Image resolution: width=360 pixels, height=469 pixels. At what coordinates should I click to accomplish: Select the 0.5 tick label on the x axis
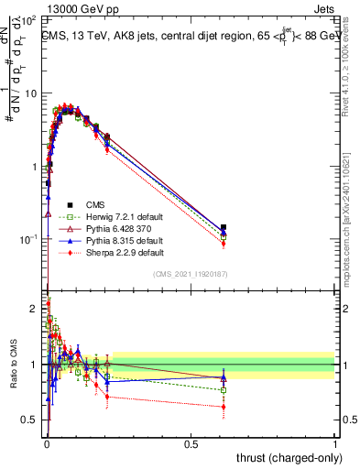(x=191, y=443)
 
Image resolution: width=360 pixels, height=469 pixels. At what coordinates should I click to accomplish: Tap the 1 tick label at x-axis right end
(x=335, y=443)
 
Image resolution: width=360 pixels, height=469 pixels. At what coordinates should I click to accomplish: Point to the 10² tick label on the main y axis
(x=27, y=19)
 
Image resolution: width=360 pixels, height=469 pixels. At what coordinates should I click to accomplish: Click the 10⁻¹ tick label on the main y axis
(x=27, y=239)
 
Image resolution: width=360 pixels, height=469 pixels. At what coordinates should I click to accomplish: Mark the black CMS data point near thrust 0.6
(x=224, y=227)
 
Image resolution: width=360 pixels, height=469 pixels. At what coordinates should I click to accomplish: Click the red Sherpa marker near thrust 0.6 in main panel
(x=224, y=244)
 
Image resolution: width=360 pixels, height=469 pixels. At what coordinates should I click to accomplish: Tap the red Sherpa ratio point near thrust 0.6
(x=224, y=407)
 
